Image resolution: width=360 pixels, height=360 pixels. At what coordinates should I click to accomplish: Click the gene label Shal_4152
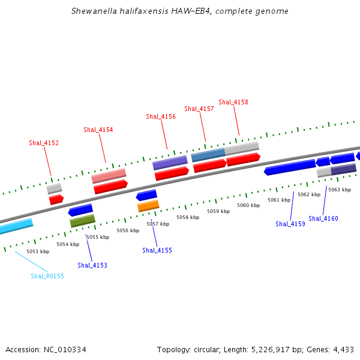point(44,143)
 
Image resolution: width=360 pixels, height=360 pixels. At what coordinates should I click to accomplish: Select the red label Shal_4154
point(98,130)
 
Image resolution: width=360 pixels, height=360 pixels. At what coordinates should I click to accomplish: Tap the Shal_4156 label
point(161,116)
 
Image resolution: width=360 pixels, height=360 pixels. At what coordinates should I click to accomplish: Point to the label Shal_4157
point(199,109)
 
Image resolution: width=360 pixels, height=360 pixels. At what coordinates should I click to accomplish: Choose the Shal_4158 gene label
point(233,102)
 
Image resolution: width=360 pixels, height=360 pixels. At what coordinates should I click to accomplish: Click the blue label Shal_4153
point(92,265)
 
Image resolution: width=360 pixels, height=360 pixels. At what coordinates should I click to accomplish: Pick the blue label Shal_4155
point(157,250)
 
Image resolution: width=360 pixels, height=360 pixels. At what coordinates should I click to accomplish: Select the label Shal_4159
point(290,224)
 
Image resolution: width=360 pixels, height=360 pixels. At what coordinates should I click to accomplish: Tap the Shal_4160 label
point(323,218)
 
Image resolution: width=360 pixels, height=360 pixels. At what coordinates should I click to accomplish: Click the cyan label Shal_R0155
point(47,276)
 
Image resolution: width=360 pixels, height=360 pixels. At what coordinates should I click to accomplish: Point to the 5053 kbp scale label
point(38,251)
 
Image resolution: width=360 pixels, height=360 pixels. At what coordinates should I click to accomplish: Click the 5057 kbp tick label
point(158,224)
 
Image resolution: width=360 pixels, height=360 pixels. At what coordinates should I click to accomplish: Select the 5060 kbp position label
point(248,205)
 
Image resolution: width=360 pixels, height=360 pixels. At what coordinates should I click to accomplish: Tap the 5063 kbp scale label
point(339,190)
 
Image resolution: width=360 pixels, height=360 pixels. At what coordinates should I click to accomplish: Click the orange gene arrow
point(148,206)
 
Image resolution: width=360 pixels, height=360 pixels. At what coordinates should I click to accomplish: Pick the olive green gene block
point(82,221)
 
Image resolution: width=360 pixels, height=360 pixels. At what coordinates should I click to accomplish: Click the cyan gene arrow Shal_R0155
point(15,226)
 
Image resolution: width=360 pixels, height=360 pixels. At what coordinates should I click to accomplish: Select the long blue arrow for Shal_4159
point(290,167)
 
